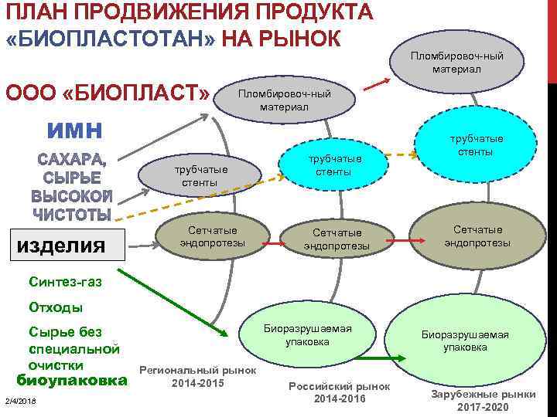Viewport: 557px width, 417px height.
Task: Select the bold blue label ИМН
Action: point(77,130)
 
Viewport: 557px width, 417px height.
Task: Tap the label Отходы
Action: point(55,307)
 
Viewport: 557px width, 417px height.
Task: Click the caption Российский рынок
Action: point(339,385)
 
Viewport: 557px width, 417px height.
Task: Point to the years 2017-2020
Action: point(484,407)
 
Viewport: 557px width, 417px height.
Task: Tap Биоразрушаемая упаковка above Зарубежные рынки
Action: point(465,341)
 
